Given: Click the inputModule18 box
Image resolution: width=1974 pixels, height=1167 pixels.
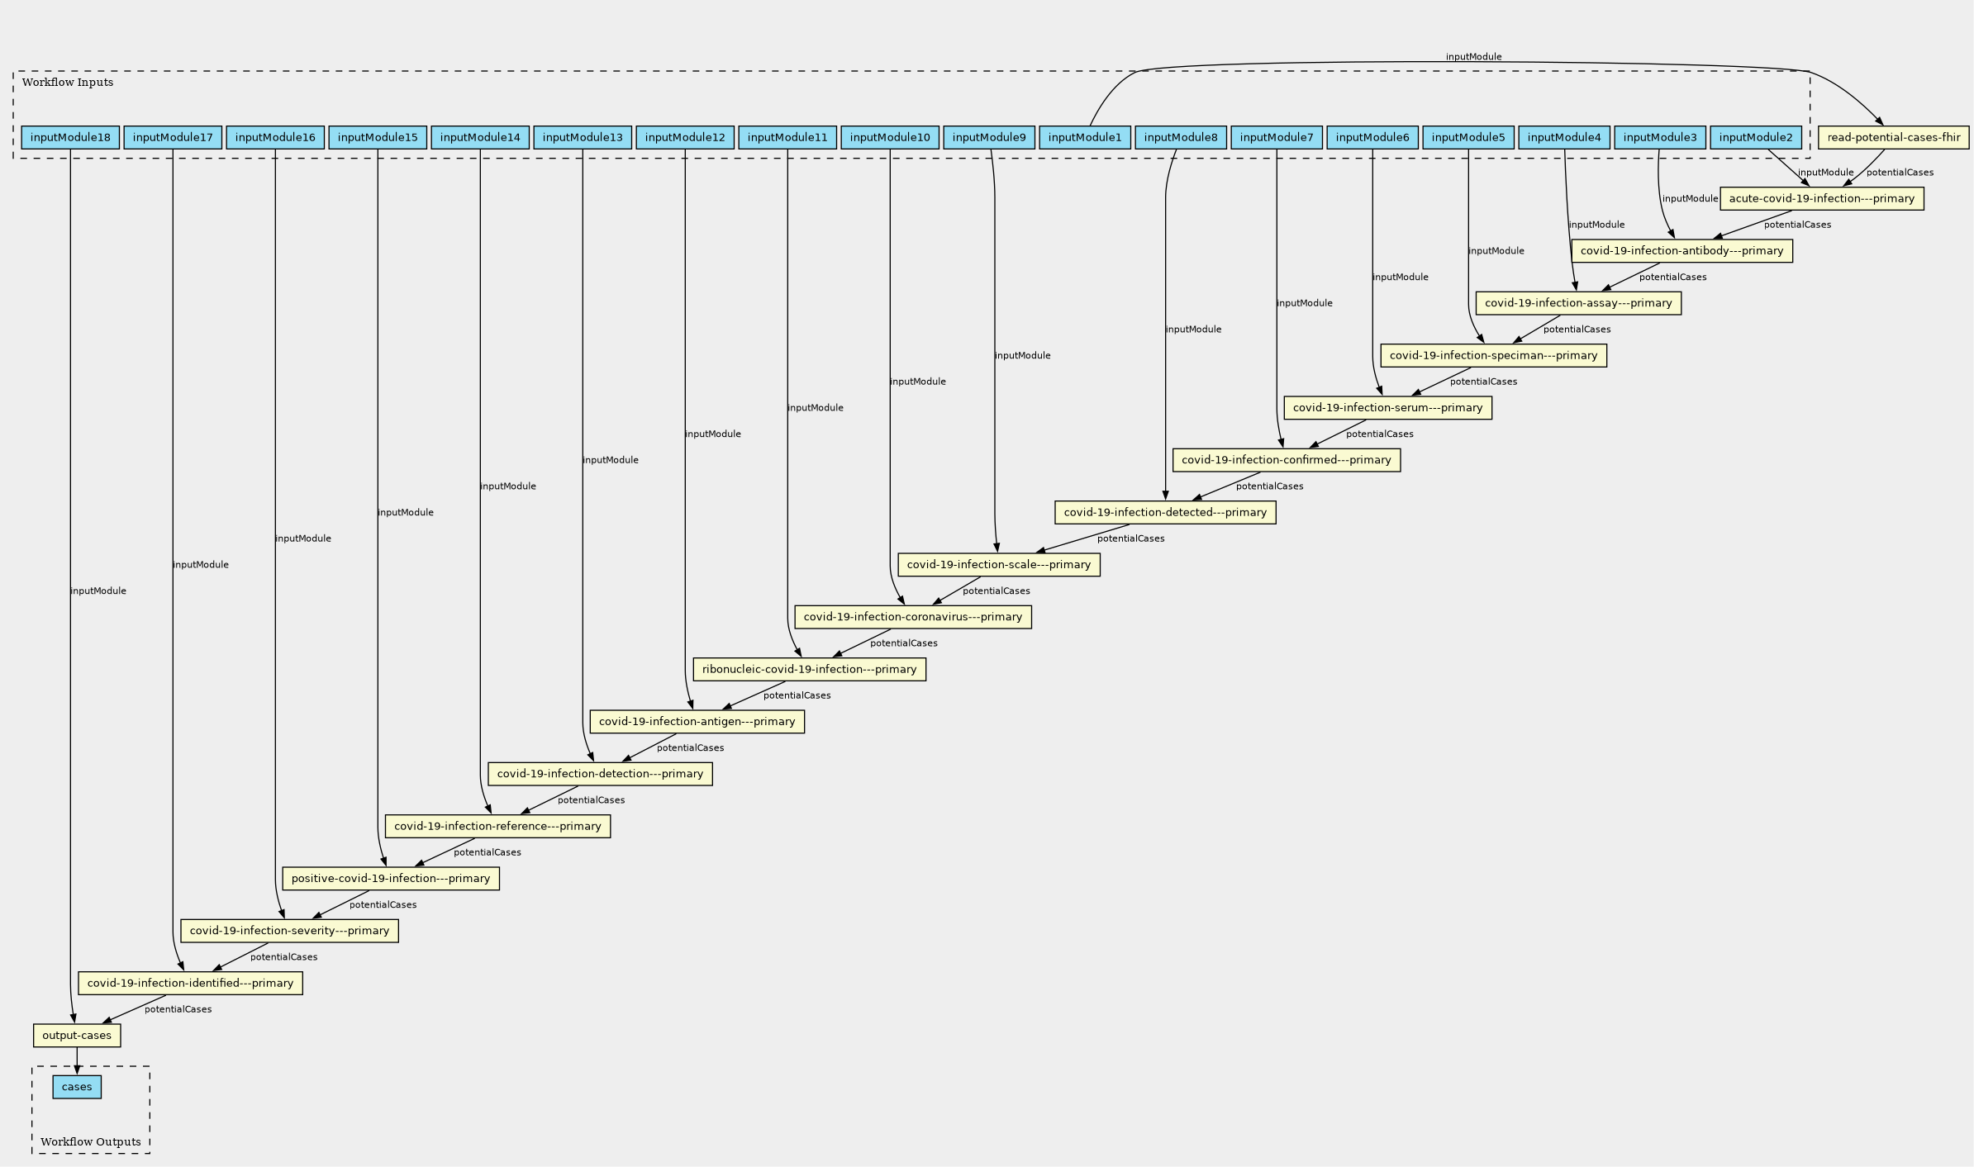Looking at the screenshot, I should point(70,137).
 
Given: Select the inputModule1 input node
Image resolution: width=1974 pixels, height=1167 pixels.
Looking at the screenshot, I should point(1084,137).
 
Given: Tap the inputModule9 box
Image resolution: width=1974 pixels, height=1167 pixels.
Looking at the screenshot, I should point(988,137).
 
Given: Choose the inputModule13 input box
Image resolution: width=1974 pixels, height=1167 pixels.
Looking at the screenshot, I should point(583,137).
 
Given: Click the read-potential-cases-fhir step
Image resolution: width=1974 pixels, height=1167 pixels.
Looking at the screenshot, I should point(1893,137).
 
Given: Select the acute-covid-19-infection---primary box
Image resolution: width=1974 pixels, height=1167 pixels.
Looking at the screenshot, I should point(1821,198).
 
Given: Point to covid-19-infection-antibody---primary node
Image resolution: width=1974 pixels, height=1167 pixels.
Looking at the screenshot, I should point(1681,251).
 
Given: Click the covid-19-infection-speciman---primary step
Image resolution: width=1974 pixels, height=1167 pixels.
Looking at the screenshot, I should point(1493,355).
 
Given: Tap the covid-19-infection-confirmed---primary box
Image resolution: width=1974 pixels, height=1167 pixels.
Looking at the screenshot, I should point(1286,460).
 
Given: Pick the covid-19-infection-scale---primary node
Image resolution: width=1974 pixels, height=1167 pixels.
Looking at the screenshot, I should point(998,565).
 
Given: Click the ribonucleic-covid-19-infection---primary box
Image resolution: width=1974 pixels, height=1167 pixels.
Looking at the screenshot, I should point(809,669).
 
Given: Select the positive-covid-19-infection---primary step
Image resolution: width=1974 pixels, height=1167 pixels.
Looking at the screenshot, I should point(390,879).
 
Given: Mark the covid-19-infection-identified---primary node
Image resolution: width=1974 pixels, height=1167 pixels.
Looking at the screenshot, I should point(190,983).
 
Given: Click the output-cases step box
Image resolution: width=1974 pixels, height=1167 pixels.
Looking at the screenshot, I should point(77,1036).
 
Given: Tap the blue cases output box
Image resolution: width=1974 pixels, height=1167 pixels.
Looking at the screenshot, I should point(77,1087).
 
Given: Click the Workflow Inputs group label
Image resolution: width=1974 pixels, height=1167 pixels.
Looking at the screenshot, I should point(68,83).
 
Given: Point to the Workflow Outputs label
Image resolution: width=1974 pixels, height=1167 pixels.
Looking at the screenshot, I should point(90,1142).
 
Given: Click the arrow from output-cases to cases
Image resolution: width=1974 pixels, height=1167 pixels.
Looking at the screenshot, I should point(77,1060).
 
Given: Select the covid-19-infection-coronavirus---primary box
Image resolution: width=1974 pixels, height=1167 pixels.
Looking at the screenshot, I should point(912,617).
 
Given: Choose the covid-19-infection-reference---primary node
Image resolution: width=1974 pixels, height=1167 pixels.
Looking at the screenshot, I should point(497,826).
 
